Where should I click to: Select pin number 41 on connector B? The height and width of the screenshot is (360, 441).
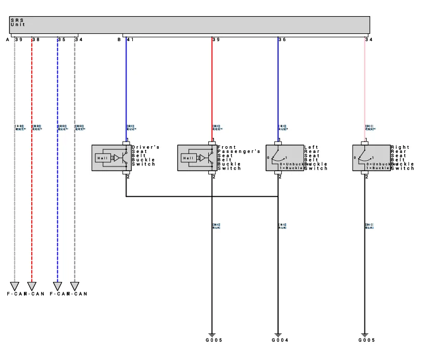[x=130, y=40]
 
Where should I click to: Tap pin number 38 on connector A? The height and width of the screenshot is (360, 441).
[x=35, y=40]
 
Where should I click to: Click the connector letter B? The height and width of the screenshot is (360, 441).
[x=119, y=40]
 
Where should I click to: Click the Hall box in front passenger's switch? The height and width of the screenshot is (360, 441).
[x=188, y=158]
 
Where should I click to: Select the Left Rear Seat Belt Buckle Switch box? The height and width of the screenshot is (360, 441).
[x=284, y=158]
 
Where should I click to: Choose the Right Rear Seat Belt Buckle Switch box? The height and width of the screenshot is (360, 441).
[x=371, y=158]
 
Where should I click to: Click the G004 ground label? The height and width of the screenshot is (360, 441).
[x=280, y=340]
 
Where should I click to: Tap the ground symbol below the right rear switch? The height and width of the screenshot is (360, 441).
[x=364, y=334]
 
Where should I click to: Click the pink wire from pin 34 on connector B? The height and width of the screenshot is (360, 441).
[x=364, y=88]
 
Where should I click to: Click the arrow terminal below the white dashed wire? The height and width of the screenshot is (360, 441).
[x=15, y=286]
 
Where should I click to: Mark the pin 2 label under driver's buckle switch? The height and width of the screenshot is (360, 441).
[x=128, y=177]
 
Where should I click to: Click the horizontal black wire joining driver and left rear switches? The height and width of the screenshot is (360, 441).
[x=203, y=197]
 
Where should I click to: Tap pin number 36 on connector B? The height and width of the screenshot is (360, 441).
[x=282, y=40]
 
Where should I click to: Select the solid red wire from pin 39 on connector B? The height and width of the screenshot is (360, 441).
[x=212, y=88]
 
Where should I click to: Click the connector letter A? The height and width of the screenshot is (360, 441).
[x=8, y=40]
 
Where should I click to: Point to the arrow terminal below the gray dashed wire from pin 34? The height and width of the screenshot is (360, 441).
[x=74, y=286]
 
